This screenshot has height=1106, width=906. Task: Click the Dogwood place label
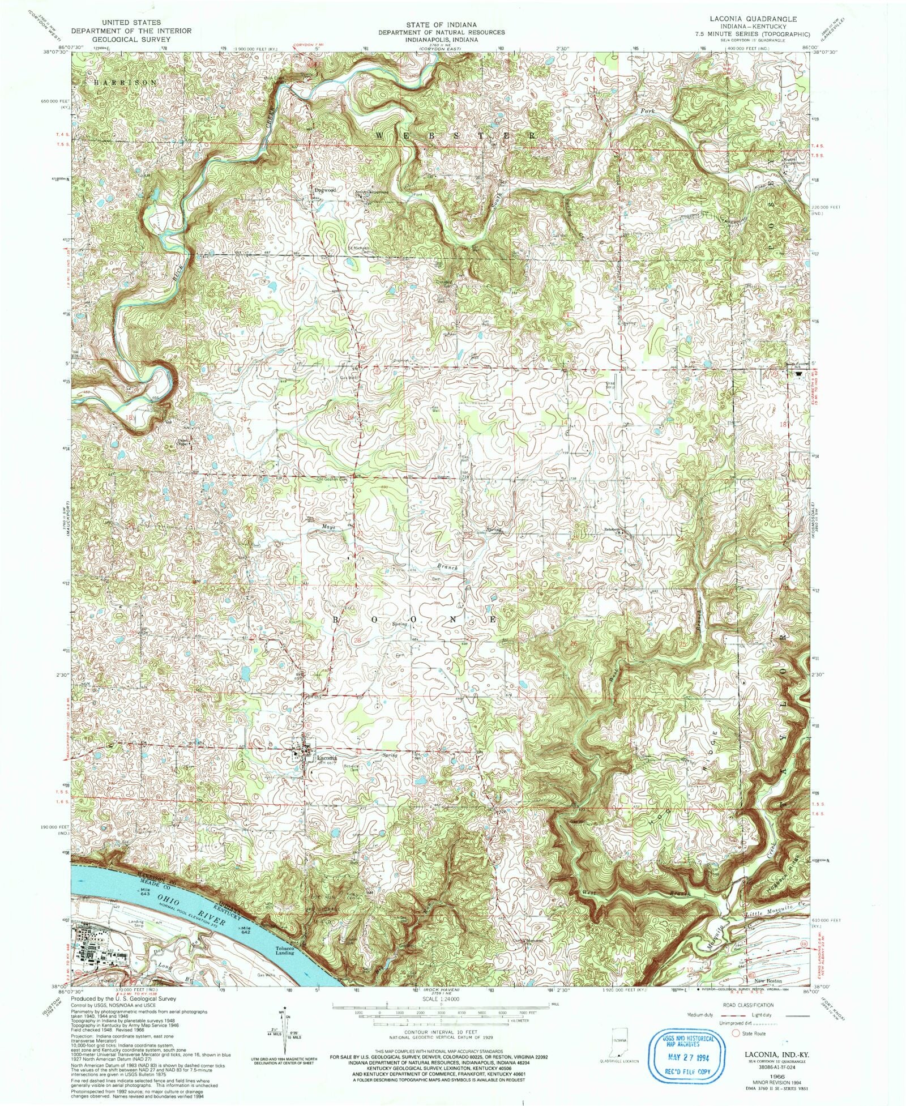point(326,190)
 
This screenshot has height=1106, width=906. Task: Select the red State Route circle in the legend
point(737,1033)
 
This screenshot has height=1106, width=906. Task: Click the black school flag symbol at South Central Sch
point(799,366)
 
